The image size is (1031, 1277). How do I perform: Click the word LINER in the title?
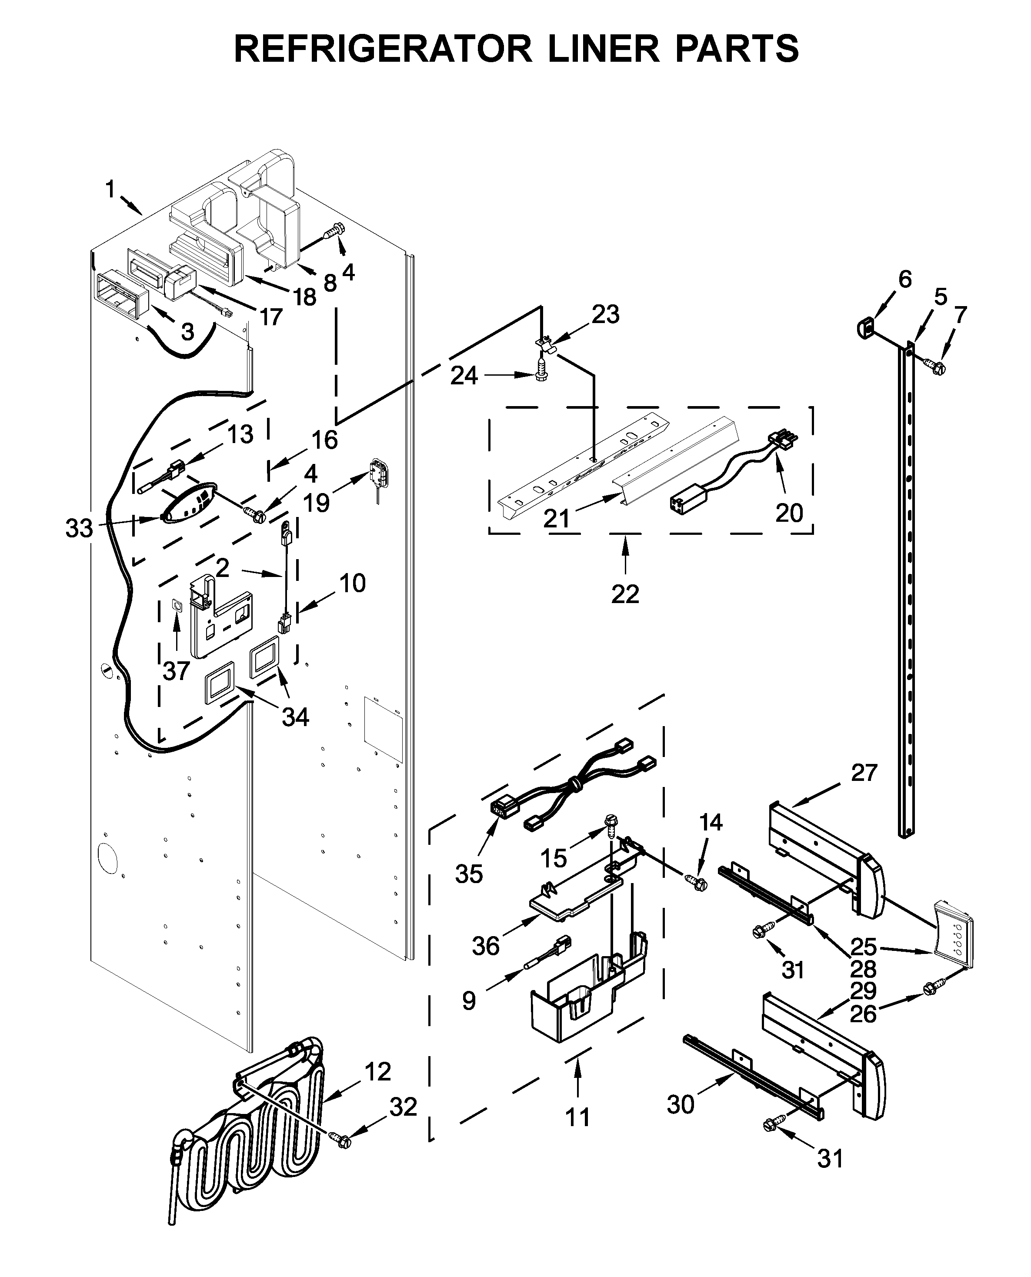click(x=603, y=49)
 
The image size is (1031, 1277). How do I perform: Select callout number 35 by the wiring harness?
click(x=469, y=874)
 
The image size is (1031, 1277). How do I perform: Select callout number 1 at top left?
click(x=110, y=190)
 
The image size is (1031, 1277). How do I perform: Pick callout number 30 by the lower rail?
click(x=680, y=1104)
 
